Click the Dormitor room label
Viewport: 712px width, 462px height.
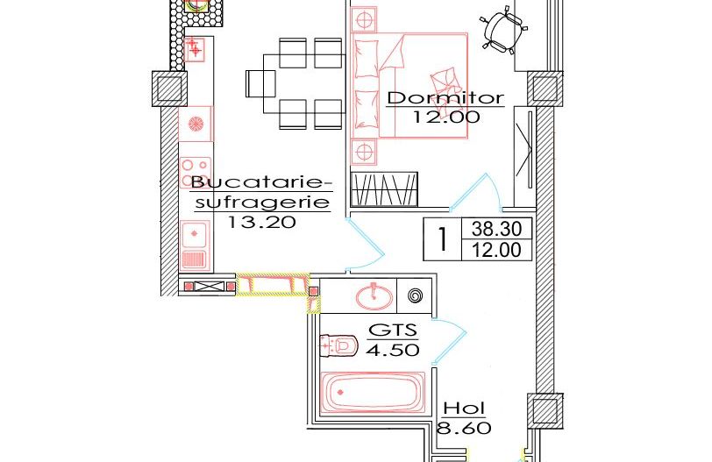[x=445, y=97]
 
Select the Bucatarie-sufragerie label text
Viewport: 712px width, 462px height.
[x=262, y=192]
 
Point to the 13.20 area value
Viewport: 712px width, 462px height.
[x=261, y=222]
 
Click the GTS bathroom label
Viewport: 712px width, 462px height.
[x=392, y=331]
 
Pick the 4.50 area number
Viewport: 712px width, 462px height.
[x=392, y=350]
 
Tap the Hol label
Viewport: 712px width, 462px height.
[x=464, y=409]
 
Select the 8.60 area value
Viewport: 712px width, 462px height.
[x=464, y=429]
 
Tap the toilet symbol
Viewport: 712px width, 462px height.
[x=340, y=346]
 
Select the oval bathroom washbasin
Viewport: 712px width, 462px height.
[x=375, y=295]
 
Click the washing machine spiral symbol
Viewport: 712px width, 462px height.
[x=416, y=295]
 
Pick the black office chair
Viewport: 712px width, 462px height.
[x=503, y=30]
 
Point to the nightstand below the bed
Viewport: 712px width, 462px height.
[x=362, y=153]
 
